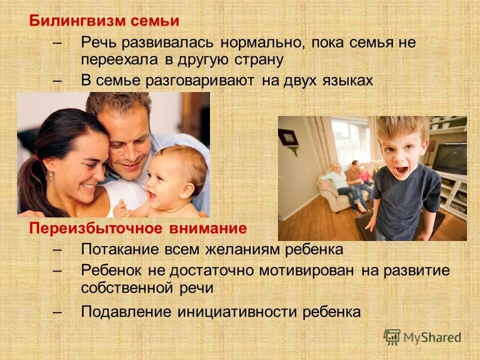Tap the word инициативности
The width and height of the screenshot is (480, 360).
237,311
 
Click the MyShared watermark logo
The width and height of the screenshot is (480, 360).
422,336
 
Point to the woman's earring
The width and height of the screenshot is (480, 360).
50,175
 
